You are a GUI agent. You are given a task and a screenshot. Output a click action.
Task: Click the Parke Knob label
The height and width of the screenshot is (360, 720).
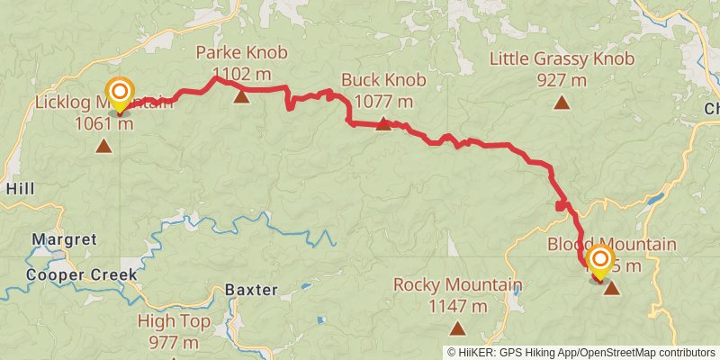point(242,52)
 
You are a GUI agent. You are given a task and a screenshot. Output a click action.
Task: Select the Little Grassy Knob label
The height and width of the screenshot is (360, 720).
point(562,59)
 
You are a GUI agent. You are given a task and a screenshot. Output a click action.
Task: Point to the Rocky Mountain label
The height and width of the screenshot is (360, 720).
point(457,285)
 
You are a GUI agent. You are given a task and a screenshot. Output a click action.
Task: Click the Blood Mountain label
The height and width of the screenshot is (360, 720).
point(612,245)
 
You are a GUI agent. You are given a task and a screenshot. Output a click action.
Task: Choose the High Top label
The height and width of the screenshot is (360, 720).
point(175,320)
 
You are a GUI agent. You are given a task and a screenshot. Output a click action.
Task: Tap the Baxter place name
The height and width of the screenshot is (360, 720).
point(251,291)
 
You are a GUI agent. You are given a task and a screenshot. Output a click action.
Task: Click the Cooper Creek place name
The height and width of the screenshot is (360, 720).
point(81,274)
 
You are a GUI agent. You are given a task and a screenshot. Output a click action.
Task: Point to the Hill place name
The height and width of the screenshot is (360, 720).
point(20,188)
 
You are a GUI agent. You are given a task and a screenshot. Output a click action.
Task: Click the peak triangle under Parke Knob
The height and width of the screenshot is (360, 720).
point(241,95)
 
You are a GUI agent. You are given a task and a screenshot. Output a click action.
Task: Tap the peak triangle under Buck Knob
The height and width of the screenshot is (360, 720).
point(383,123)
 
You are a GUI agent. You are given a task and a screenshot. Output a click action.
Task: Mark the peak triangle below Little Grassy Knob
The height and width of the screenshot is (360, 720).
point(562,103)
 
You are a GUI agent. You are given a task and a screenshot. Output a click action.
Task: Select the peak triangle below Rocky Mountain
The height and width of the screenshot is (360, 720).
point(457,329)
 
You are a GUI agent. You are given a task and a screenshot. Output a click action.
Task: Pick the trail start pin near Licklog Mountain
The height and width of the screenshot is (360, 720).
point(120,94)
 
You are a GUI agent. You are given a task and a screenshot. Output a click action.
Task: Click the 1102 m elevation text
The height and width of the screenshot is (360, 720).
point(242,73)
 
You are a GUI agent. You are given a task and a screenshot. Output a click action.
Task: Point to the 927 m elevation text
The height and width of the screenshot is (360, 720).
point(562,80)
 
